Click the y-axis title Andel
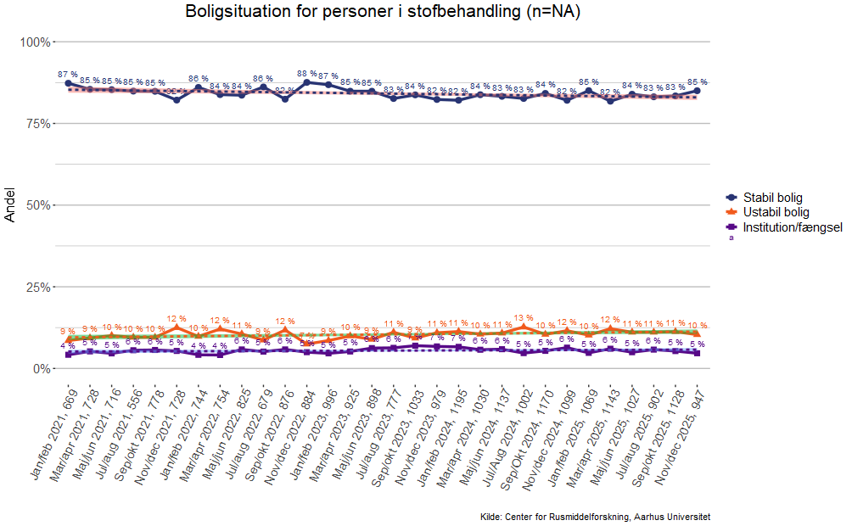(10, 205)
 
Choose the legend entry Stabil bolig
(772, 198)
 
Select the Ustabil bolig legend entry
(776, 212)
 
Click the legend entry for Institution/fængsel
(792, 227)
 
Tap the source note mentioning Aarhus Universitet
(594, 517)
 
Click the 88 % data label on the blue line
(307, 74)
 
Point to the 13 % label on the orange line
(524, 318)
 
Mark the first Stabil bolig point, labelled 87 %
(68, 83)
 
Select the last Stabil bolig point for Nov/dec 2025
(697, 90)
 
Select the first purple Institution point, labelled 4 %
(68, 355)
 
